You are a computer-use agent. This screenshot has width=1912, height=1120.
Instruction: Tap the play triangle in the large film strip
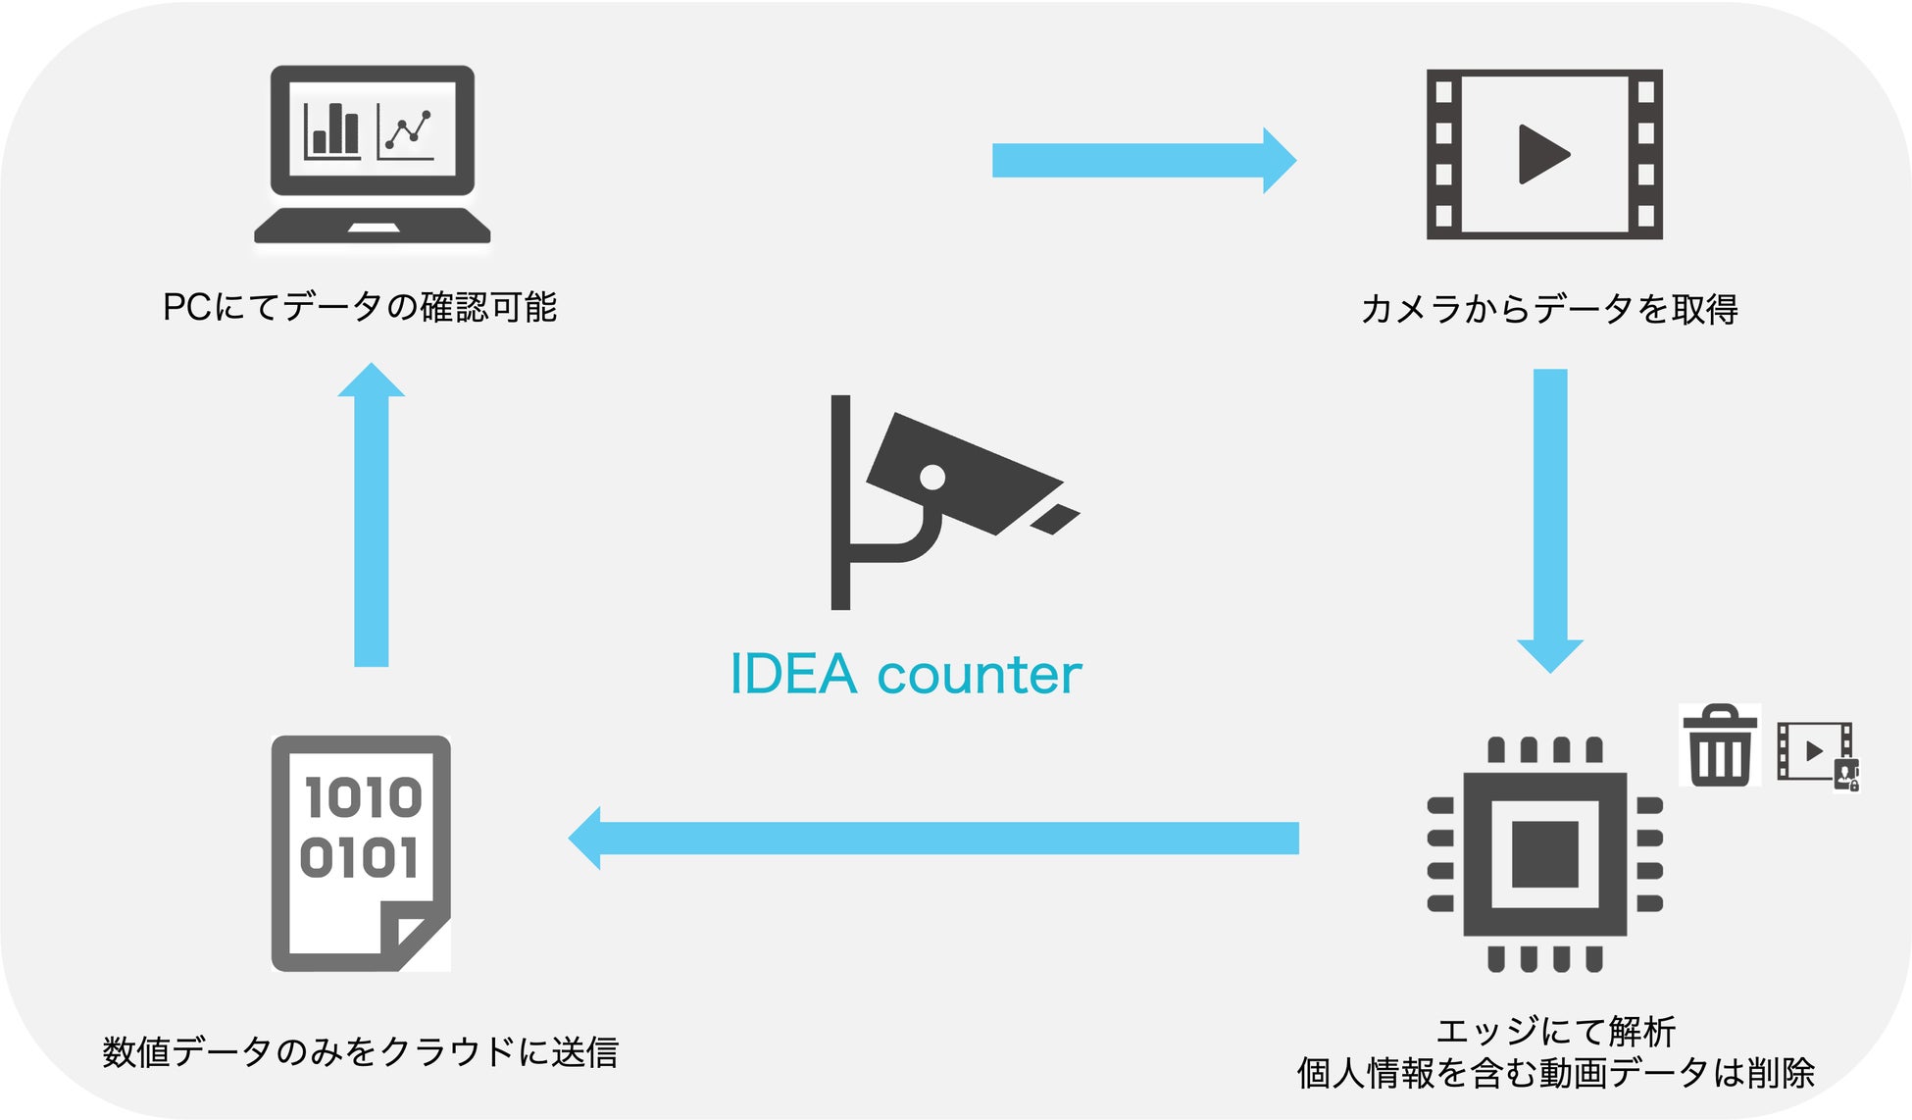point(1543,154)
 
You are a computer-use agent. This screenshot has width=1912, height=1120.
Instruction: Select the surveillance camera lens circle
point(932,478)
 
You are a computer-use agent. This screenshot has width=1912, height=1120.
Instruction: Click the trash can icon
point(1719,745)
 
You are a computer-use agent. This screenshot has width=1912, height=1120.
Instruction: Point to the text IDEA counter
point(905,675)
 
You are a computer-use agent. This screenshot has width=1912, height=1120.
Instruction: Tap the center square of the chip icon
point(1544,853)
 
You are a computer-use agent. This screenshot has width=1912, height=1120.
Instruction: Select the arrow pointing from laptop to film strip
point(1142,160)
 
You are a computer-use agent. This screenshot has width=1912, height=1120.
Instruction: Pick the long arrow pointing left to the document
point(931,839)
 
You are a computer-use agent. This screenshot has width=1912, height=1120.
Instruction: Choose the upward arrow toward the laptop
point(372,515)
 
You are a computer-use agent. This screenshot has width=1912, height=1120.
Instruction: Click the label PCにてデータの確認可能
point(360,308)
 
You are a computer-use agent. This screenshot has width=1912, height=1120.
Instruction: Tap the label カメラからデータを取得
point(1549,310)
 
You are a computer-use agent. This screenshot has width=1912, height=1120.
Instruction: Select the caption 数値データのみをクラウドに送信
point(360,1052)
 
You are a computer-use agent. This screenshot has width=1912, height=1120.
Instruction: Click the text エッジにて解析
point(1555,1032)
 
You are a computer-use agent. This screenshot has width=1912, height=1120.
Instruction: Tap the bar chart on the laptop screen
point(331,130)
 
